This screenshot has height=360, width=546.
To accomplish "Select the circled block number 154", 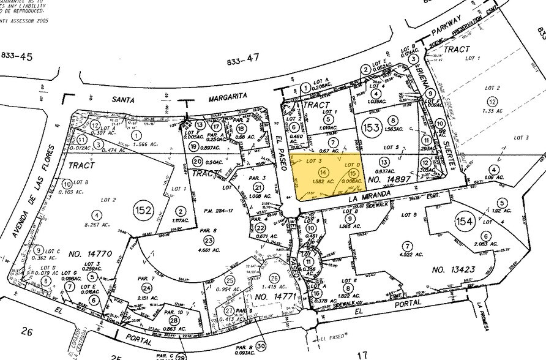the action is coord(463,220).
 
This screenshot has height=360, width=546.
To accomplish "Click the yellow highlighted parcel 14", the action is coord(324,172).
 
